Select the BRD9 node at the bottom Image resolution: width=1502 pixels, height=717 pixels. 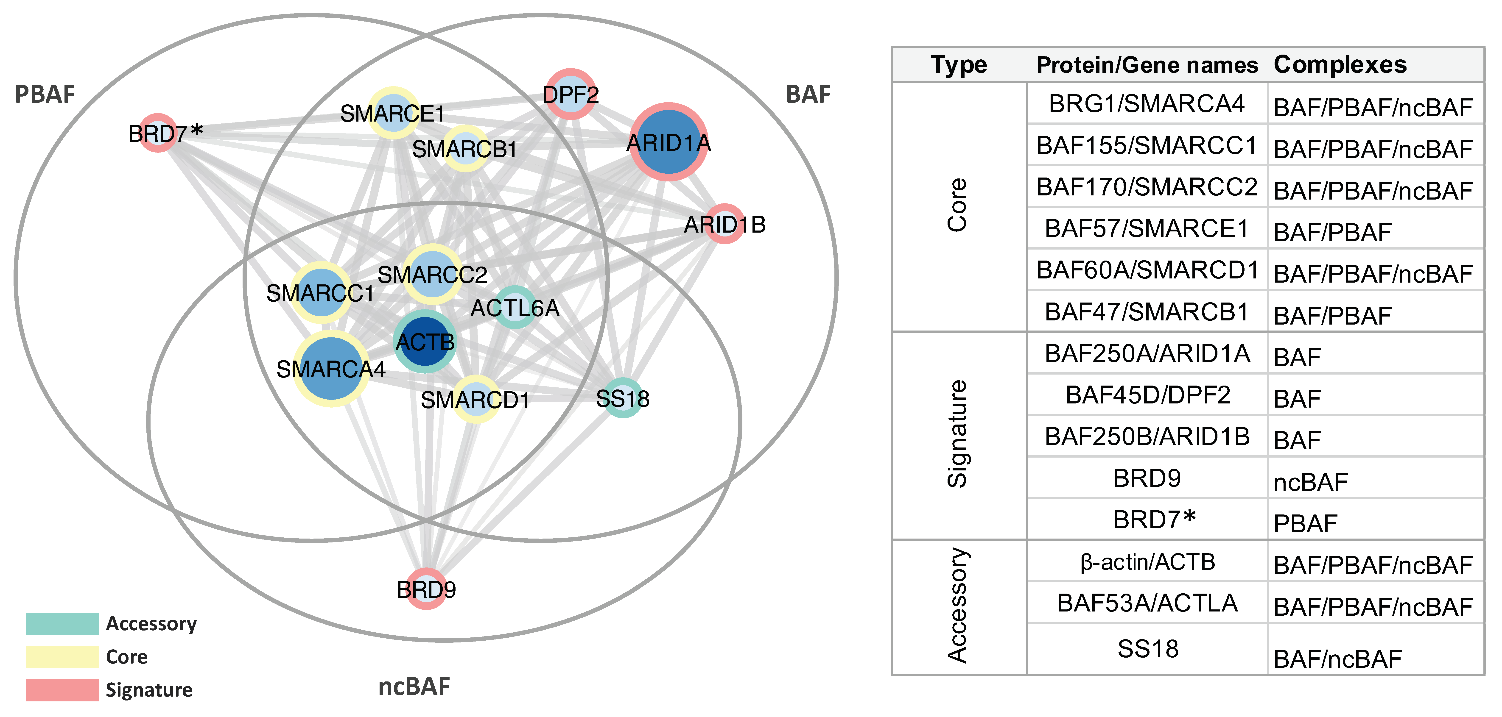pos(426,589)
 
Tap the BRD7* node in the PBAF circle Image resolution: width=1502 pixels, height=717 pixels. pos(157,133)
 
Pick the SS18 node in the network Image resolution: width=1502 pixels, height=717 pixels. pos(623,398)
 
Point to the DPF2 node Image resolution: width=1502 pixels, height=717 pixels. pos(571,94)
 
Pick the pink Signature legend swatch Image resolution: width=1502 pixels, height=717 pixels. pos(62,690)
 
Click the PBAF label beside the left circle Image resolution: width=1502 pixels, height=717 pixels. pos(45,94)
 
